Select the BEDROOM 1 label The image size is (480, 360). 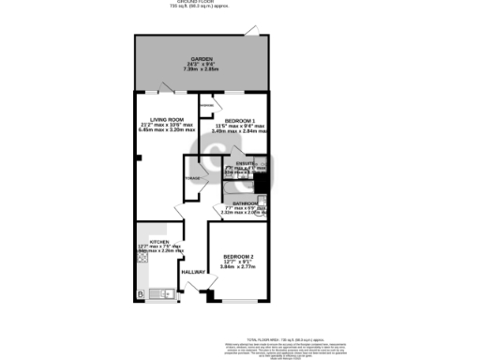click(235, 119)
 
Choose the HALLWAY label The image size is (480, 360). click(194, 272)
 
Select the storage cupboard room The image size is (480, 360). click(194, 177)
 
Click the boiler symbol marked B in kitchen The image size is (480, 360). click(141, 295)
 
